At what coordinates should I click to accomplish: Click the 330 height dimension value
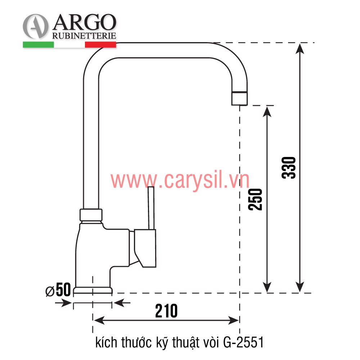tap(289, 167)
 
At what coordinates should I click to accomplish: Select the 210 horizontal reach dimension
tap(166, 311)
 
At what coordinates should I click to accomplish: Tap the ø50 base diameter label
tap(58, 290)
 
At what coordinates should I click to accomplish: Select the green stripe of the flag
tap(38, 45)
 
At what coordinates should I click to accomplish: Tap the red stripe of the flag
tap(100, 45)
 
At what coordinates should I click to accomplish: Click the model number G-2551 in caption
tap(244, 342)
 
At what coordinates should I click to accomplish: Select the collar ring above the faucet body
tap(91, 215)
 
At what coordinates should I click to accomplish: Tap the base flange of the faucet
tap(93, 290)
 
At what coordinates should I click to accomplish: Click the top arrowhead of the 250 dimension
tap(267, 111)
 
